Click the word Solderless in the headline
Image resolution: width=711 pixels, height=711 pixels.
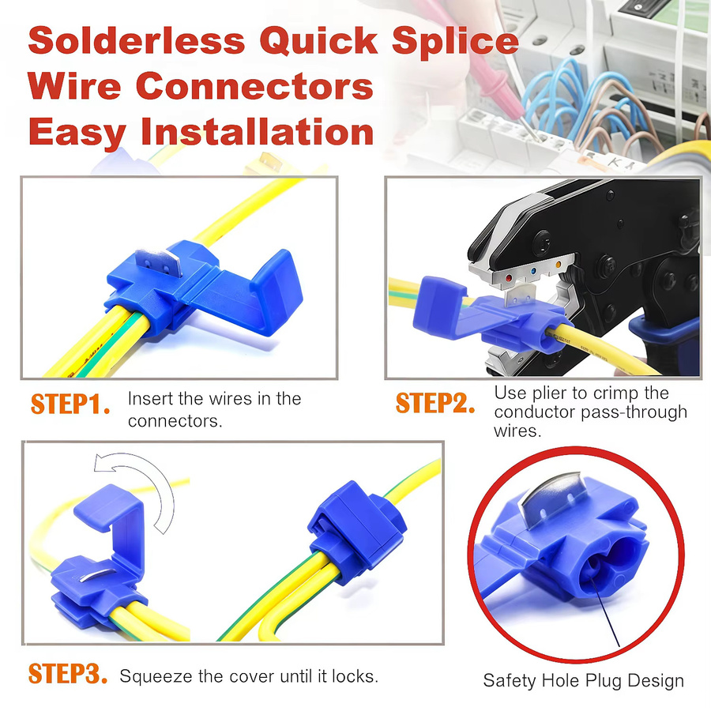click(137, 40)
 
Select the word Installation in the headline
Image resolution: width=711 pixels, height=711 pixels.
click(258, 131)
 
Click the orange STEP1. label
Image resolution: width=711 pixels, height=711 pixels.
click(70, 404)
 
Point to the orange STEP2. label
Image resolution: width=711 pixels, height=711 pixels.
click(435, 403)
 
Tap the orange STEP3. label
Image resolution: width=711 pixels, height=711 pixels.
click(68, 673)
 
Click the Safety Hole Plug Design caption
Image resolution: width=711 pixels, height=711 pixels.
click(583, 681)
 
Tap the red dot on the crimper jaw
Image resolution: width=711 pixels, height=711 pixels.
click(509, 277)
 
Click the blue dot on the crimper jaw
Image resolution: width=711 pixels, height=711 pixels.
click(533, 272)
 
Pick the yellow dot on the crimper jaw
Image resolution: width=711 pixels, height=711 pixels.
click(559, 265)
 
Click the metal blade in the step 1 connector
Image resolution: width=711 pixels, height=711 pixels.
click(160, 261)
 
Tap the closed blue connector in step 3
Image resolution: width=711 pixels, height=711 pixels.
click(357, 532)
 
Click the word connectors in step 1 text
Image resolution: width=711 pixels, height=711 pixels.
click(175, 421)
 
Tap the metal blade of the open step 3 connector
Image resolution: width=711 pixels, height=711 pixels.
click(97, 575)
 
